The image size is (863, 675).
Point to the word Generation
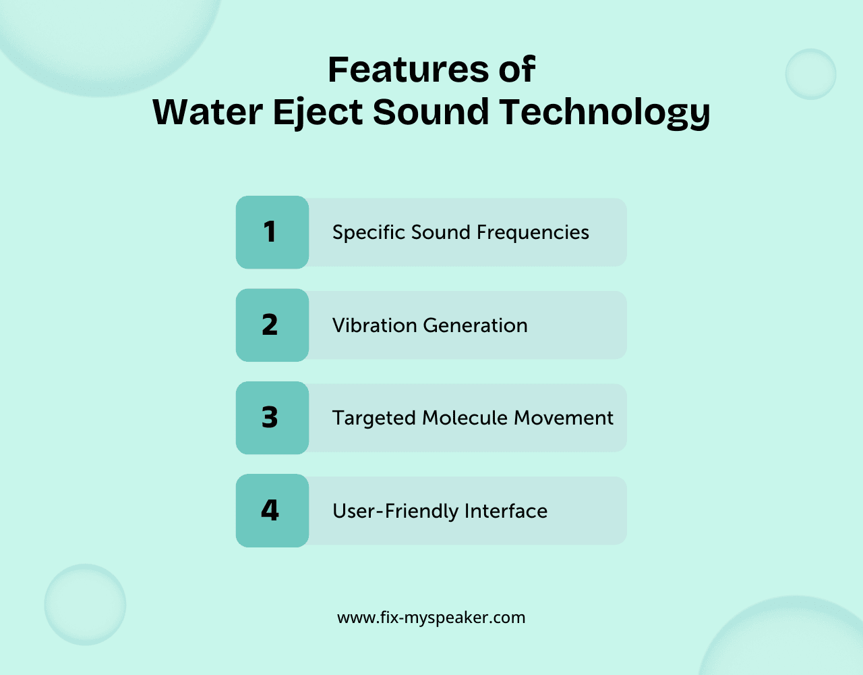click(475, 325)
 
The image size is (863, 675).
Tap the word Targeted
click(374, 418)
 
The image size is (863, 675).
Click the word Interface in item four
click(506, 511)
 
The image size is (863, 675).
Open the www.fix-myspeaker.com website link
click(431, 618)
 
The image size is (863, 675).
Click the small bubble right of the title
click(810, 74)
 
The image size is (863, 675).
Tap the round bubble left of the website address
click(85, 605)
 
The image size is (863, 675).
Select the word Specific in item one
click(368, 233)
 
